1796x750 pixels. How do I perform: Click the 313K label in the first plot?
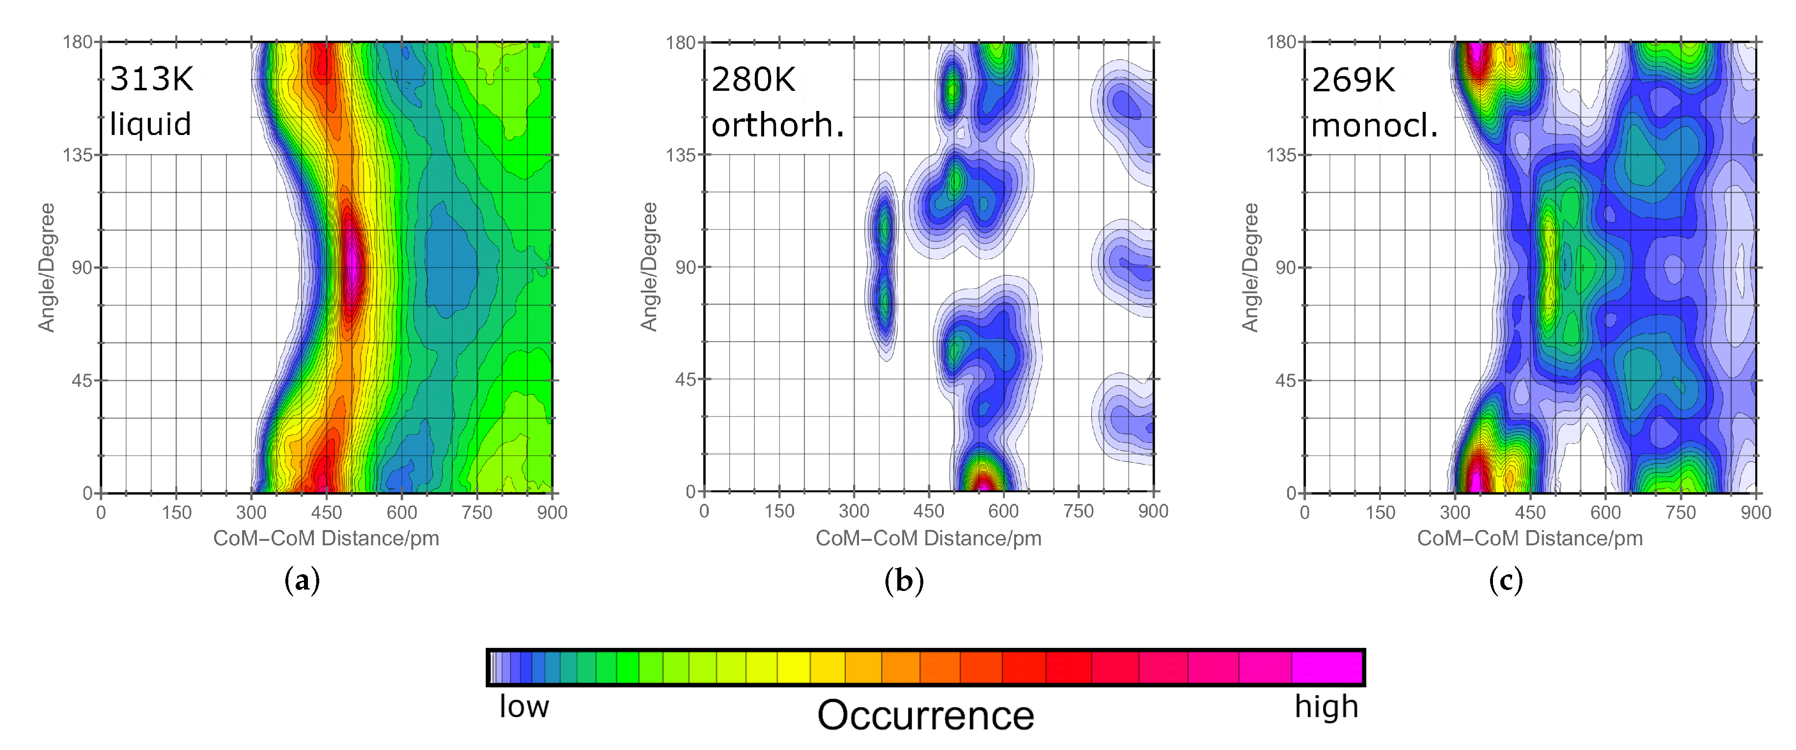(x=152, y=79)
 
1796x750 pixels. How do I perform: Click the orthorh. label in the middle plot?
(x=777, y=126)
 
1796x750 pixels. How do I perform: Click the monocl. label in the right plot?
(x=1374, y=126)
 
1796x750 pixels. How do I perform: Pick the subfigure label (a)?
(x=302, y=580)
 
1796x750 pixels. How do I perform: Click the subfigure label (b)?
(x=904, y=580)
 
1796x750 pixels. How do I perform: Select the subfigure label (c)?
(x=1505, y=580)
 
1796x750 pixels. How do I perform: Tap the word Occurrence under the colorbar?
(x=925, y=715)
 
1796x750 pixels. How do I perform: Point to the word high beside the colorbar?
(x=1326, y=707)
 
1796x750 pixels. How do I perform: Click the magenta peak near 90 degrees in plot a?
(x=353, y=265)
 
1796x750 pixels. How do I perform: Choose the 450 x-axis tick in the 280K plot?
(x=929, y=511)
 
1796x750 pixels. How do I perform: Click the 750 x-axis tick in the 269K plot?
(x=1680, y=513)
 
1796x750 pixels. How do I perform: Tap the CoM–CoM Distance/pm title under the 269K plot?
(x=1530, y=538)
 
